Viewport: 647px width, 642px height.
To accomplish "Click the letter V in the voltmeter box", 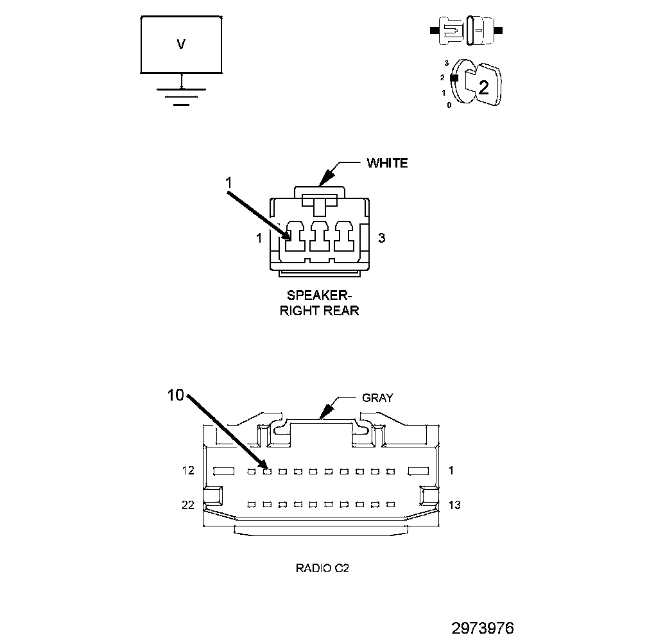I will tap(181, 44).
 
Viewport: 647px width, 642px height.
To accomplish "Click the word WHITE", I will tap(387, 163).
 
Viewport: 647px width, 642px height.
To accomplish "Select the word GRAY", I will tap(377, 397).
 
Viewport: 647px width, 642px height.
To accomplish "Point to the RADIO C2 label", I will tap(322, 568).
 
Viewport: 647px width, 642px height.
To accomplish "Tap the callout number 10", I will tap(175, 396).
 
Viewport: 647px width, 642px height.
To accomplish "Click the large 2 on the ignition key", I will tap(483, 88).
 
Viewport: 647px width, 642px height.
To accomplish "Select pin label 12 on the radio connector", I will tap(187, 471).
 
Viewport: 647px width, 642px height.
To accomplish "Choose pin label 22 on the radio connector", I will tap(187, 505).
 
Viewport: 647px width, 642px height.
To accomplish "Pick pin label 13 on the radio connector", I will tap(454, 505).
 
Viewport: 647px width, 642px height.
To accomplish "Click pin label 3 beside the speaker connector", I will tap(381, 238).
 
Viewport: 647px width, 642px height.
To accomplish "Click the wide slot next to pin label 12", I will tap(224, 471).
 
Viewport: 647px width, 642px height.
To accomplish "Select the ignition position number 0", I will tap(449, 105).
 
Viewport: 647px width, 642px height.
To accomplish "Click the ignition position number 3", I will tap(446, 64).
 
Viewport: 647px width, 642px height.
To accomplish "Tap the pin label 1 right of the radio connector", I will tap(451, 471).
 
